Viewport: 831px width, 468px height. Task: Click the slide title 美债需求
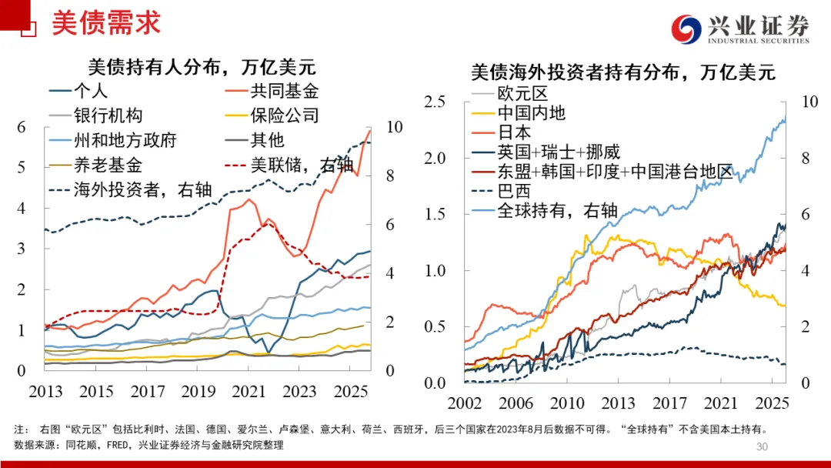tap(106, 22)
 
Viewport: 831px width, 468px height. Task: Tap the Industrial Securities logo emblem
tap(686, 29)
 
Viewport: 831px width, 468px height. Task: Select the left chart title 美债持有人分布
tap(202, 67)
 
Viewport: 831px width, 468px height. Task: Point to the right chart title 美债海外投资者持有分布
tap(622, 73)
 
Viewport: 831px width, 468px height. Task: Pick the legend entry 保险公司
tap(284, 115)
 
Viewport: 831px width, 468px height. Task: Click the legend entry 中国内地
tap(531, 113)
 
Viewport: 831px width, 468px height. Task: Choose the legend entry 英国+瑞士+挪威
tap(559, 152)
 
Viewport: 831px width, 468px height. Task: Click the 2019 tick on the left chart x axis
tap(199, 391)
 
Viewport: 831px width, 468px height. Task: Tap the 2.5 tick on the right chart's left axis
tap(436, 102)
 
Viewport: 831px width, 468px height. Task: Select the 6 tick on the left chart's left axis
tap(22, 127)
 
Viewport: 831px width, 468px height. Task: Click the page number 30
tap(763, 447)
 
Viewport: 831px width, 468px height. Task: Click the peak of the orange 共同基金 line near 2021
tap(248, 199)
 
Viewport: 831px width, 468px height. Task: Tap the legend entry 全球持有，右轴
tap(557, 209)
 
